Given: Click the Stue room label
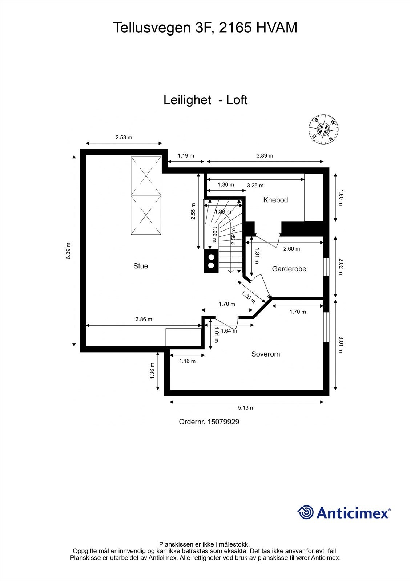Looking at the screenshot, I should (x=141, y=266).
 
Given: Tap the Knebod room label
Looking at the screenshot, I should (x=275, y=200).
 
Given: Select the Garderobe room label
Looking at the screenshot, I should (x=289, y=269).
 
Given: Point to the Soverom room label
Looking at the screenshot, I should (x=266, y=354).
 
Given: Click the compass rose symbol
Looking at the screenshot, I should (x=323, y=129).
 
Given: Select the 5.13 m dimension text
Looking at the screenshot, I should (x=246, y=408).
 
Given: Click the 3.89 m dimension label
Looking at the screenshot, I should (x=265, y=156).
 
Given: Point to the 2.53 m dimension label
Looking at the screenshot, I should (x=124, y=137).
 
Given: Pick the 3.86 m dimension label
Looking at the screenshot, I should (x=144, y=320).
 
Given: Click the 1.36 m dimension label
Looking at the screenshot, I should (x=152, y=371).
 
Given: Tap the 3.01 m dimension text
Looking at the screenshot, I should (x=341, y=345).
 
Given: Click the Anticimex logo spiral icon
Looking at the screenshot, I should (x=305, y=512).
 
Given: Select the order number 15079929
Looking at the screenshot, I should (x=223, y=422).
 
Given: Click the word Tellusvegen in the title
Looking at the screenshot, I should (x=152, y=27).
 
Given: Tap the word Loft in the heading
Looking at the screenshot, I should (x=237, y=100).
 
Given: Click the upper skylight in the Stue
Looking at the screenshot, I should (x=146, y=176).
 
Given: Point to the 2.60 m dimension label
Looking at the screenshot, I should (x=291, y=249).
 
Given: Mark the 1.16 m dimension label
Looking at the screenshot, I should (x=187, y=361).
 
